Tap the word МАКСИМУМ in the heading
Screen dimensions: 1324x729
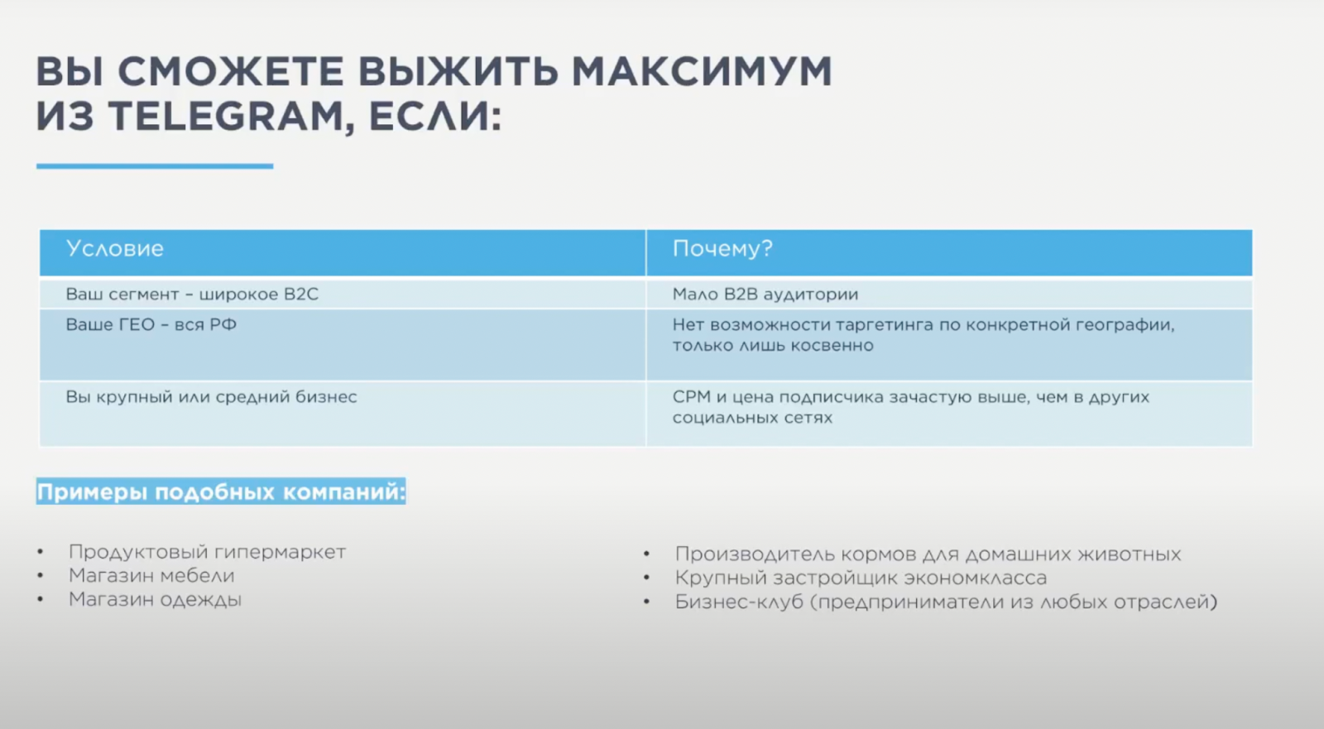pos(702,71)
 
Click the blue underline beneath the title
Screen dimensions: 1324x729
pos(155,166)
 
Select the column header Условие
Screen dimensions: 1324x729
pos(115,248)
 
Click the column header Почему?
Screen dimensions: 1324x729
pos(722,249)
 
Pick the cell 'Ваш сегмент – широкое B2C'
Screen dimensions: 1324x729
pos(192,294)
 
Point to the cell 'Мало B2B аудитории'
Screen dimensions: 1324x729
pos(765,294)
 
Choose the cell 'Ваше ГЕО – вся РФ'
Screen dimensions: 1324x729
pos(151,324)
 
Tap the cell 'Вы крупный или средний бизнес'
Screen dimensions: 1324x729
pos(211,396)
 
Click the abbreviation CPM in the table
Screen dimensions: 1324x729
pos(692,396)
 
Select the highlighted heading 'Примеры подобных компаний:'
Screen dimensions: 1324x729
pos(221,492)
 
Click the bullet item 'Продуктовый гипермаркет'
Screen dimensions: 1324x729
pos(207,552)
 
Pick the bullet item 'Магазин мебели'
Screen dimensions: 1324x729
pos(151,575)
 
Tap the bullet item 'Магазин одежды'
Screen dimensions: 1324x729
pos(155,600)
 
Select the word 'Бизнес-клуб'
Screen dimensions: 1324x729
pos(739,602)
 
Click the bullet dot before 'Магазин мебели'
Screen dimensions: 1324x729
pos(41,576)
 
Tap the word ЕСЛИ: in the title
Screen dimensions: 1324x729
pos(435,117)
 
